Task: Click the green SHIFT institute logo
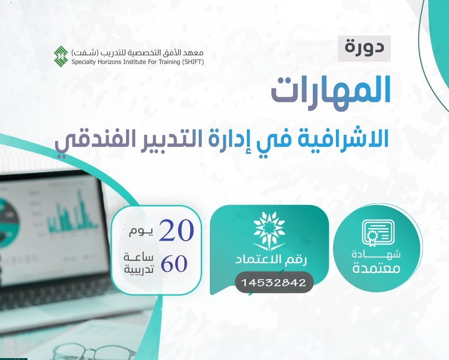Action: [61, 55]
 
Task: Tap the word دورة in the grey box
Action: [364, 48]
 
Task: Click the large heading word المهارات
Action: [331, 91]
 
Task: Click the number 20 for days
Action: [177, 230]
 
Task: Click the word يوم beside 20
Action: [141, 231]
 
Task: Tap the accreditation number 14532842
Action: [274, 283]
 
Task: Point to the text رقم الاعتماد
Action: [271, 260]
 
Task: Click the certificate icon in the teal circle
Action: [378, 233]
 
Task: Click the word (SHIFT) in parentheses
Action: [192, 62]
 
